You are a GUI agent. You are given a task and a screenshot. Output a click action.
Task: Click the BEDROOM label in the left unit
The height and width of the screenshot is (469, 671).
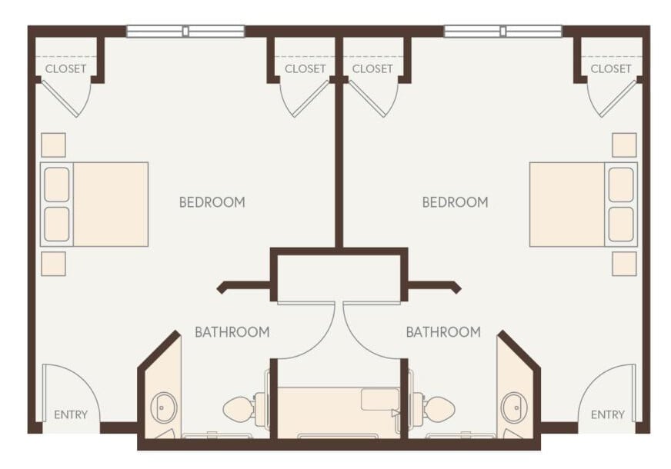coord(212,202)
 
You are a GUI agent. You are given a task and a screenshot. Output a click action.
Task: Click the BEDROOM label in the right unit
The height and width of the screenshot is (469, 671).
coord(455,202)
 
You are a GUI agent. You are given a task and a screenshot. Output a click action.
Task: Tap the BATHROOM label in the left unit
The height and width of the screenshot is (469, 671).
coord(232,332)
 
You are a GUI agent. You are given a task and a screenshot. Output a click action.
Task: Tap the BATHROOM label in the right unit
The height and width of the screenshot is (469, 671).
coord(443,332)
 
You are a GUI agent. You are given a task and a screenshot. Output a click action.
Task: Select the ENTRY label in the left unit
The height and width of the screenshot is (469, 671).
coord(70,415)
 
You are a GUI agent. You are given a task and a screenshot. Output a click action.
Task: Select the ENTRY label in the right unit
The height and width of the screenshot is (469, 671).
coord(607,415)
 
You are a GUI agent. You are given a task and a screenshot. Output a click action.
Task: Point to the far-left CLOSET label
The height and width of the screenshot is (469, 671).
coord(65,68)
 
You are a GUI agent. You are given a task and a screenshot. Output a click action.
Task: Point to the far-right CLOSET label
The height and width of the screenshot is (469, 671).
coord(611,68)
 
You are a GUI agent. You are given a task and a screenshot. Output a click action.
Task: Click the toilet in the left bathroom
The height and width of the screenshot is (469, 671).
coord(240,408)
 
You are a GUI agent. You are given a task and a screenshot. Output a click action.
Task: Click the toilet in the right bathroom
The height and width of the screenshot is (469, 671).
coord(437,408)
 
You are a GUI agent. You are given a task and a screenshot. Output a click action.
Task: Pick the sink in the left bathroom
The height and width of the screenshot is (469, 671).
coord(163,407)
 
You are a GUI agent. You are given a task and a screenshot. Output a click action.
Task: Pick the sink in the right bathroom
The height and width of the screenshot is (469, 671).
coord(513,407)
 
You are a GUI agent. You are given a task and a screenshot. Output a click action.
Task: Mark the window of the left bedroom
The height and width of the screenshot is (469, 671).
coord(185,32)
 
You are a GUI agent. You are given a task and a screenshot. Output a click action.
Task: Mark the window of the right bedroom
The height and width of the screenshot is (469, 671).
coord(502,32)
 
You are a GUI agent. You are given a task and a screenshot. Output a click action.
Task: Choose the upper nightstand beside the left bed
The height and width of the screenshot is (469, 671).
coord(53,145)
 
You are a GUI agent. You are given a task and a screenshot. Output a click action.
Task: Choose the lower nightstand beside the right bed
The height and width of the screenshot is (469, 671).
coord(624,263)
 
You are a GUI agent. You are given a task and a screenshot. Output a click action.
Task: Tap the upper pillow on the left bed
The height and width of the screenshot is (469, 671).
coord(57,185)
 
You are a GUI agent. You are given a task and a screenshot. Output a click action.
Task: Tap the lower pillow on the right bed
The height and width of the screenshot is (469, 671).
coord(621,224)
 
